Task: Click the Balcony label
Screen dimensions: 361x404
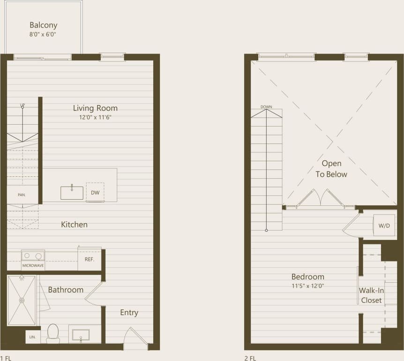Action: [43, 25]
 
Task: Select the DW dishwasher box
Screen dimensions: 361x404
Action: [95, 192]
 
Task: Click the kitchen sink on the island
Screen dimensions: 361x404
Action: [72, 193]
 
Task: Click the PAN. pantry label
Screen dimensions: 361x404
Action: [22, 194]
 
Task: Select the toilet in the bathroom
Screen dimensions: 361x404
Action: [53, 333]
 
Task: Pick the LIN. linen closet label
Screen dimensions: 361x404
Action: [32, 337]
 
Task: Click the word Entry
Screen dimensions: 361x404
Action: [129, 313]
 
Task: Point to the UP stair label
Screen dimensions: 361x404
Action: [22, 105]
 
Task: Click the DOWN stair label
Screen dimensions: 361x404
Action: [266, 107]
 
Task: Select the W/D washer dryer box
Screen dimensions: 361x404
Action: [384, 226]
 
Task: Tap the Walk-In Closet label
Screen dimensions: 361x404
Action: [371, 295]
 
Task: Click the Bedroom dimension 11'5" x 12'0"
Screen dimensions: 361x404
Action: [308, 286]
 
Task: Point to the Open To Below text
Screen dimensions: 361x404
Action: [331, 169]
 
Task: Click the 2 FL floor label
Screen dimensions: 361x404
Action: [250, 358]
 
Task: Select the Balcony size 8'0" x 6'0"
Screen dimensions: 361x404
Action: [43, 34]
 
